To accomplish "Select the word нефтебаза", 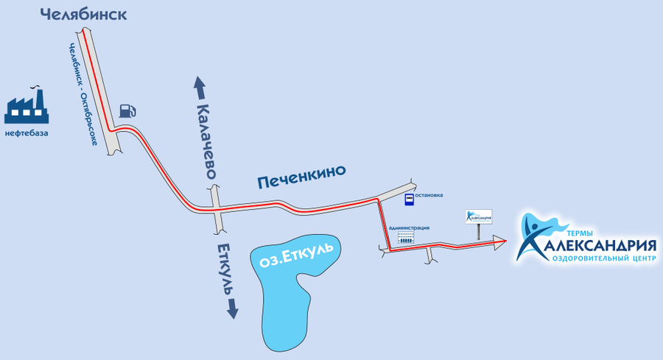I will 27,133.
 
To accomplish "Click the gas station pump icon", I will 127,110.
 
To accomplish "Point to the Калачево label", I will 206,139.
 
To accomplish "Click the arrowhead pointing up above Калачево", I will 199,83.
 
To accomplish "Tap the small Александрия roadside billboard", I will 479,217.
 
